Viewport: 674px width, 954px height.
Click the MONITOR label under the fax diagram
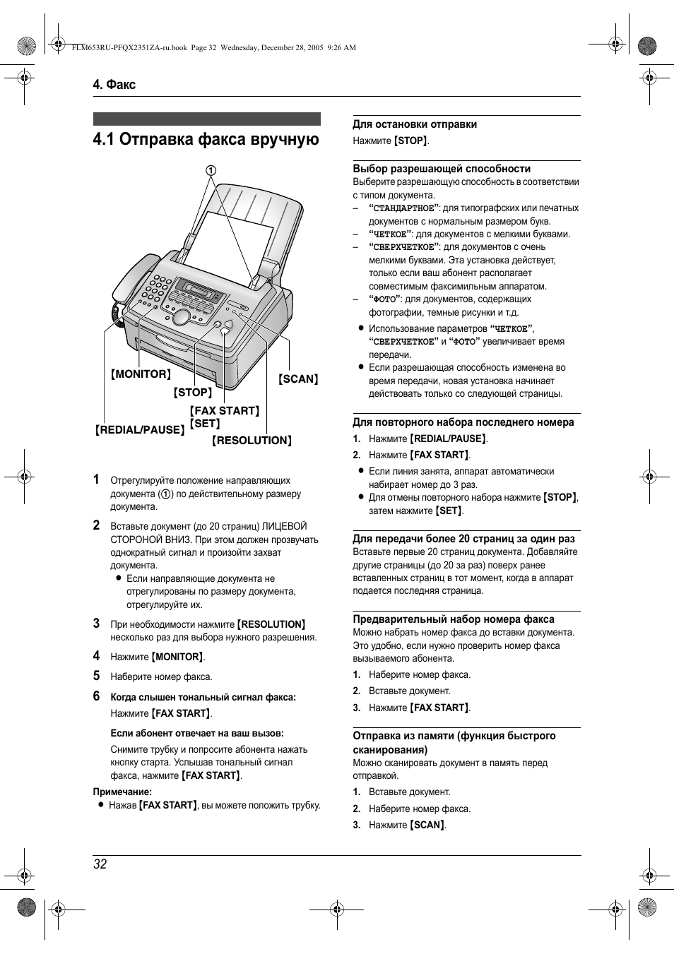click(141, 374)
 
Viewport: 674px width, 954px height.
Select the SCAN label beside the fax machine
click(298, 379)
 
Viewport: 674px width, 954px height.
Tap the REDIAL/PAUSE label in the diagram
click(140, 429)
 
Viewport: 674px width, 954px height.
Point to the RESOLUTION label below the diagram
click(252, 441)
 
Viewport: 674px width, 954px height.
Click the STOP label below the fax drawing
click(193, 393)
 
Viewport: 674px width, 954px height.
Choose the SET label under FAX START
click(205, 424)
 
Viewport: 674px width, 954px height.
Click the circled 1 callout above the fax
click(211, 170)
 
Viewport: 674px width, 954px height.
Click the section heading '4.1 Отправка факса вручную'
click(206, 139)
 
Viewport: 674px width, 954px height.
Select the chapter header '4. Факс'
click(114, 85)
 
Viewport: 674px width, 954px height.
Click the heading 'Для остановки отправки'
click(415, 124)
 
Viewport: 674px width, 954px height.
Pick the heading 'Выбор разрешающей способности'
click(442, 169)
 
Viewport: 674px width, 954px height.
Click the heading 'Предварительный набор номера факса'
click(454, 619)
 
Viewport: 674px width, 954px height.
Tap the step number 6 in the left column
click(97, 696)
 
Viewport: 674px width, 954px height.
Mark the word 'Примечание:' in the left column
click(122, 792)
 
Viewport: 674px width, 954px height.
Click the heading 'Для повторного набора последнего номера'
click(463, 422)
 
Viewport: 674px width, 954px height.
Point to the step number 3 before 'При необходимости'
click(97, 624)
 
